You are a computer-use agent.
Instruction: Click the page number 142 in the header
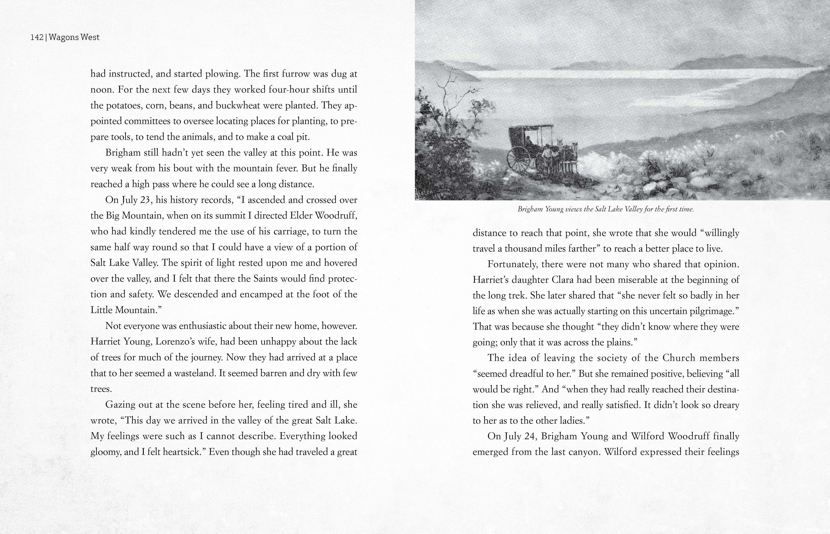pyautogui.click(x=37, y=37)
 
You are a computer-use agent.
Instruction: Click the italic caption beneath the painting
pyautogui.click(x=606, y=209)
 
